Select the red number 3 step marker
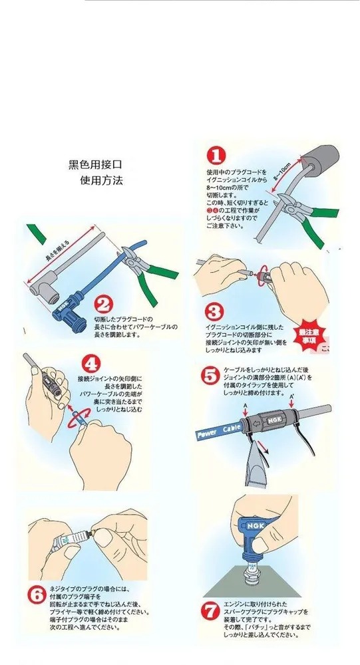[212, 311]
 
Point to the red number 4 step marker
[90, 365]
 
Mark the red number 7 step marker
[210, 608]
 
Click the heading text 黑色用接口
[96, 164]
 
